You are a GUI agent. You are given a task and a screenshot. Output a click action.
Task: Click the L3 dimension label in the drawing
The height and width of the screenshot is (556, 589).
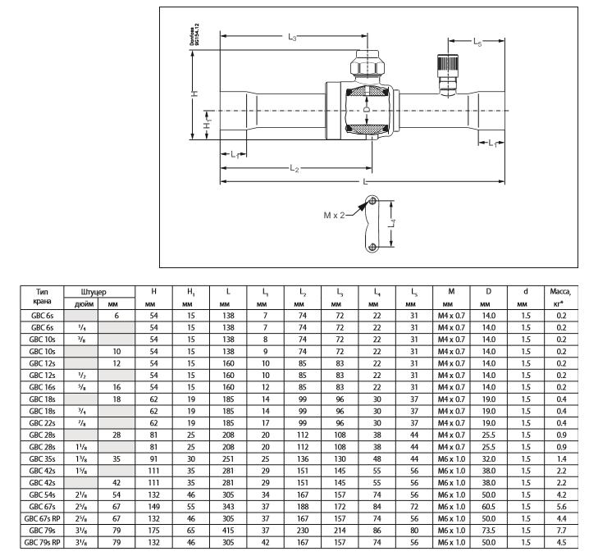292,37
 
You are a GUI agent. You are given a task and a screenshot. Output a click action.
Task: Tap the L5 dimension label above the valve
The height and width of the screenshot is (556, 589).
477,42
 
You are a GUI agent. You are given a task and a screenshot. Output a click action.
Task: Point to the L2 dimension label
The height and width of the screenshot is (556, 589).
294,168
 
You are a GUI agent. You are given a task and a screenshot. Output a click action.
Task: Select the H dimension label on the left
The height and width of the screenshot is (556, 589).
194,93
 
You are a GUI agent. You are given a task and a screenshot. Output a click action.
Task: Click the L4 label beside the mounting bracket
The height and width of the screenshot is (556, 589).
392,224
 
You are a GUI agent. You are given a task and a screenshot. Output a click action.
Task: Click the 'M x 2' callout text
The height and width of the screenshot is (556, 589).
334,215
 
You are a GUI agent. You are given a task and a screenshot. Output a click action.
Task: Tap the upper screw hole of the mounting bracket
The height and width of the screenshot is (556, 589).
372,201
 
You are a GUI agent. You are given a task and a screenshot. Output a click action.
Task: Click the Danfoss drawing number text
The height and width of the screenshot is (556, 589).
194,34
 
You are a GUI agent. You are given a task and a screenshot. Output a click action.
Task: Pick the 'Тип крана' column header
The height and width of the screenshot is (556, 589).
42,297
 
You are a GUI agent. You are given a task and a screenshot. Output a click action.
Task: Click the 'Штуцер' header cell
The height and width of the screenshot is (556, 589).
94,292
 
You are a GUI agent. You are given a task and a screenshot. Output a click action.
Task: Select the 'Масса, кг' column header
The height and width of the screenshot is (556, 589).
561,297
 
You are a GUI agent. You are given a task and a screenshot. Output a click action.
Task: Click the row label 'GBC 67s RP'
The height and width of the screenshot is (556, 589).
42,518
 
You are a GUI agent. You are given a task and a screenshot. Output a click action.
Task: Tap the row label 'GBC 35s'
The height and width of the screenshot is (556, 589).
42,458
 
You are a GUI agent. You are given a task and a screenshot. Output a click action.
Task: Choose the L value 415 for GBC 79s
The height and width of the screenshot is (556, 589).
228,531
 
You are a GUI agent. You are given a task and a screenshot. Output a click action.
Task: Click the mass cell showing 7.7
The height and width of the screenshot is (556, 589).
562,531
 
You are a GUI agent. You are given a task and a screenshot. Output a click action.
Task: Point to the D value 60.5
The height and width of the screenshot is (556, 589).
488,507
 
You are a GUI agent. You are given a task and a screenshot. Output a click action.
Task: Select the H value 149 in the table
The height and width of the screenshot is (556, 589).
153,507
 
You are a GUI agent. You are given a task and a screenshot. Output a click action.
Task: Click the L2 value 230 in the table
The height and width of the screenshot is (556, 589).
303,531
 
